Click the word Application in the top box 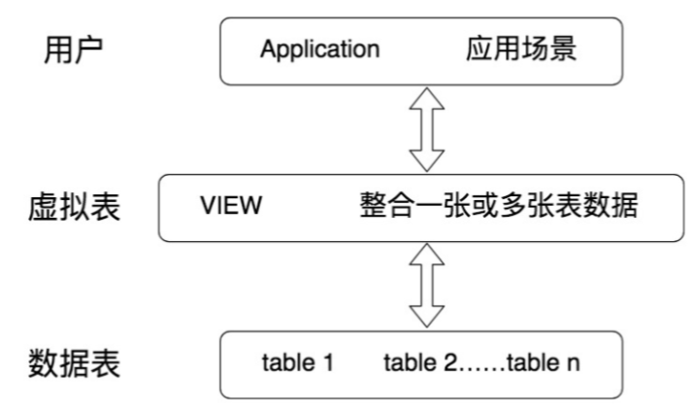tap(320, 50)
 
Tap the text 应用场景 tap(521, 49)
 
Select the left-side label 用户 tap(74, 50)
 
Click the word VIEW tap(231, 205)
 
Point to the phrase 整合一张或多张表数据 tap(499, 205)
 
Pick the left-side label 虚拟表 tap(74, 207)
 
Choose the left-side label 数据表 tap(74, 363)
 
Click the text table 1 tap(297, 362)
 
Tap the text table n tap(544, 362)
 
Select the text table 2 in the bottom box tap(419, 362)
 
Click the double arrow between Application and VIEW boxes tap(426, 129)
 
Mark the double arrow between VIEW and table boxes tap(426, 286)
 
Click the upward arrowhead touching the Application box tap(426, 98)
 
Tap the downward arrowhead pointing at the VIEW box tap(426, 160)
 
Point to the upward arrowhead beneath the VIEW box tap(426, 255)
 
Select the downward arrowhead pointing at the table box tap(426, 317)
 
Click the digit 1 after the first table tap(328, 362)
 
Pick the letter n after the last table tap(574, 364)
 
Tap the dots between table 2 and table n tap(481, 369)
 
